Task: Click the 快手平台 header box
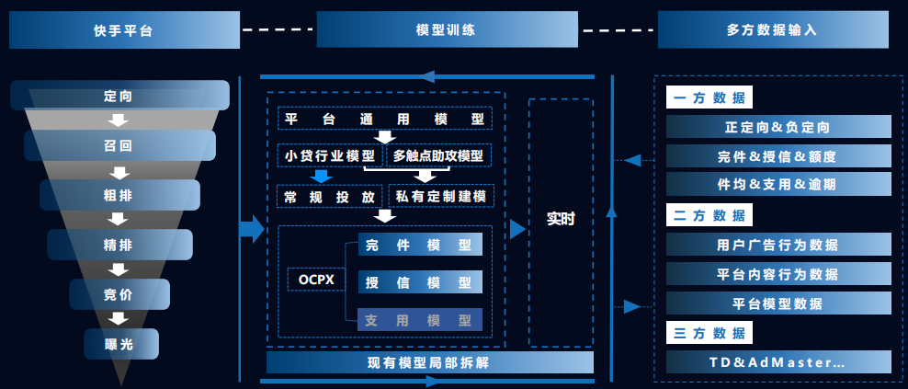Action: point(124,29)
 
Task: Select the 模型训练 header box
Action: point(447,29)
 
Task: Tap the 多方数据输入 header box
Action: point(773,29)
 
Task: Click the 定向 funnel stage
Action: point(119,96)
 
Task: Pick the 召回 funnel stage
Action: point(119,145)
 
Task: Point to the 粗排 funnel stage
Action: point(119,195)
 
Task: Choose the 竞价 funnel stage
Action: point(119,294)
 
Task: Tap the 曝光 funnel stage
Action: point(119,343)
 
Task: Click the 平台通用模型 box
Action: point(384,120)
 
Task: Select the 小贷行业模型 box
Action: point(329,155)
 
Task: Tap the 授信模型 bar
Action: point(419,282)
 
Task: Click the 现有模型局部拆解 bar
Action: point(428,361)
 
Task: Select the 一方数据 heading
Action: point(709,98)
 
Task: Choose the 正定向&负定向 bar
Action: point(777,127)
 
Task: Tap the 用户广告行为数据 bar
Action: point(777,245)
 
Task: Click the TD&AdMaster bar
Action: point(777,362)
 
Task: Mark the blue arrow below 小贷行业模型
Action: point(320,177)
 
